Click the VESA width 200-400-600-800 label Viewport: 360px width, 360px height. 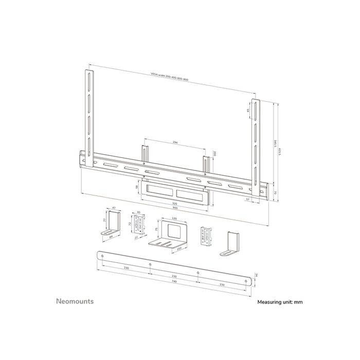(169, 77)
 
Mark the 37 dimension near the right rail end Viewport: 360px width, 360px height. (248, 199)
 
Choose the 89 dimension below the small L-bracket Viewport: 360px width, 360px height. (112, 238)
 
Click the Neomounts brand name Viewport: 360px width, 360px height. (75, 301)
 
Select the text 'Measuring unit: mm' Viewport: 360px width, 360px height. (280, 302)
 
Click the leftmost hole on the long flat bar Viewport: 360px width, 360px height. (102, 256)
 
